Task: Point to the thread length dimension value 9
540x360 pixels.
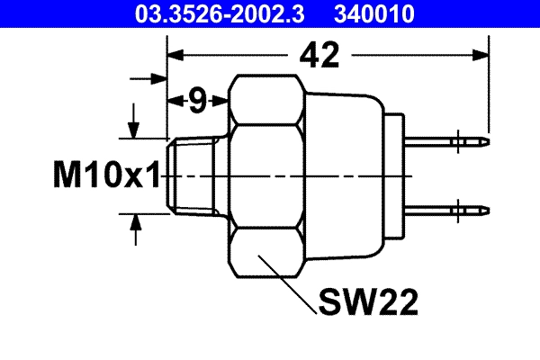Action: coord(197,101)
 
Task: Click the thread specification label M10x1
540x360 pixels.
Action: coord(105,175)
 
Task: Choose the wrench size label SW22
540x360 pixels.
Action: coord(367,303)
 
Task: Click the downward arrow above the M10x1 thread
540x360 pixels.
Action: coord(135,127)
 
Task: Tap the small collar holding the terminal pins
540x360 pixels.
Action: coord(396,175)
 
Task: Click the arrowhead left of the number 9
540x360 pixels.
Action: coord(175,101)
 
